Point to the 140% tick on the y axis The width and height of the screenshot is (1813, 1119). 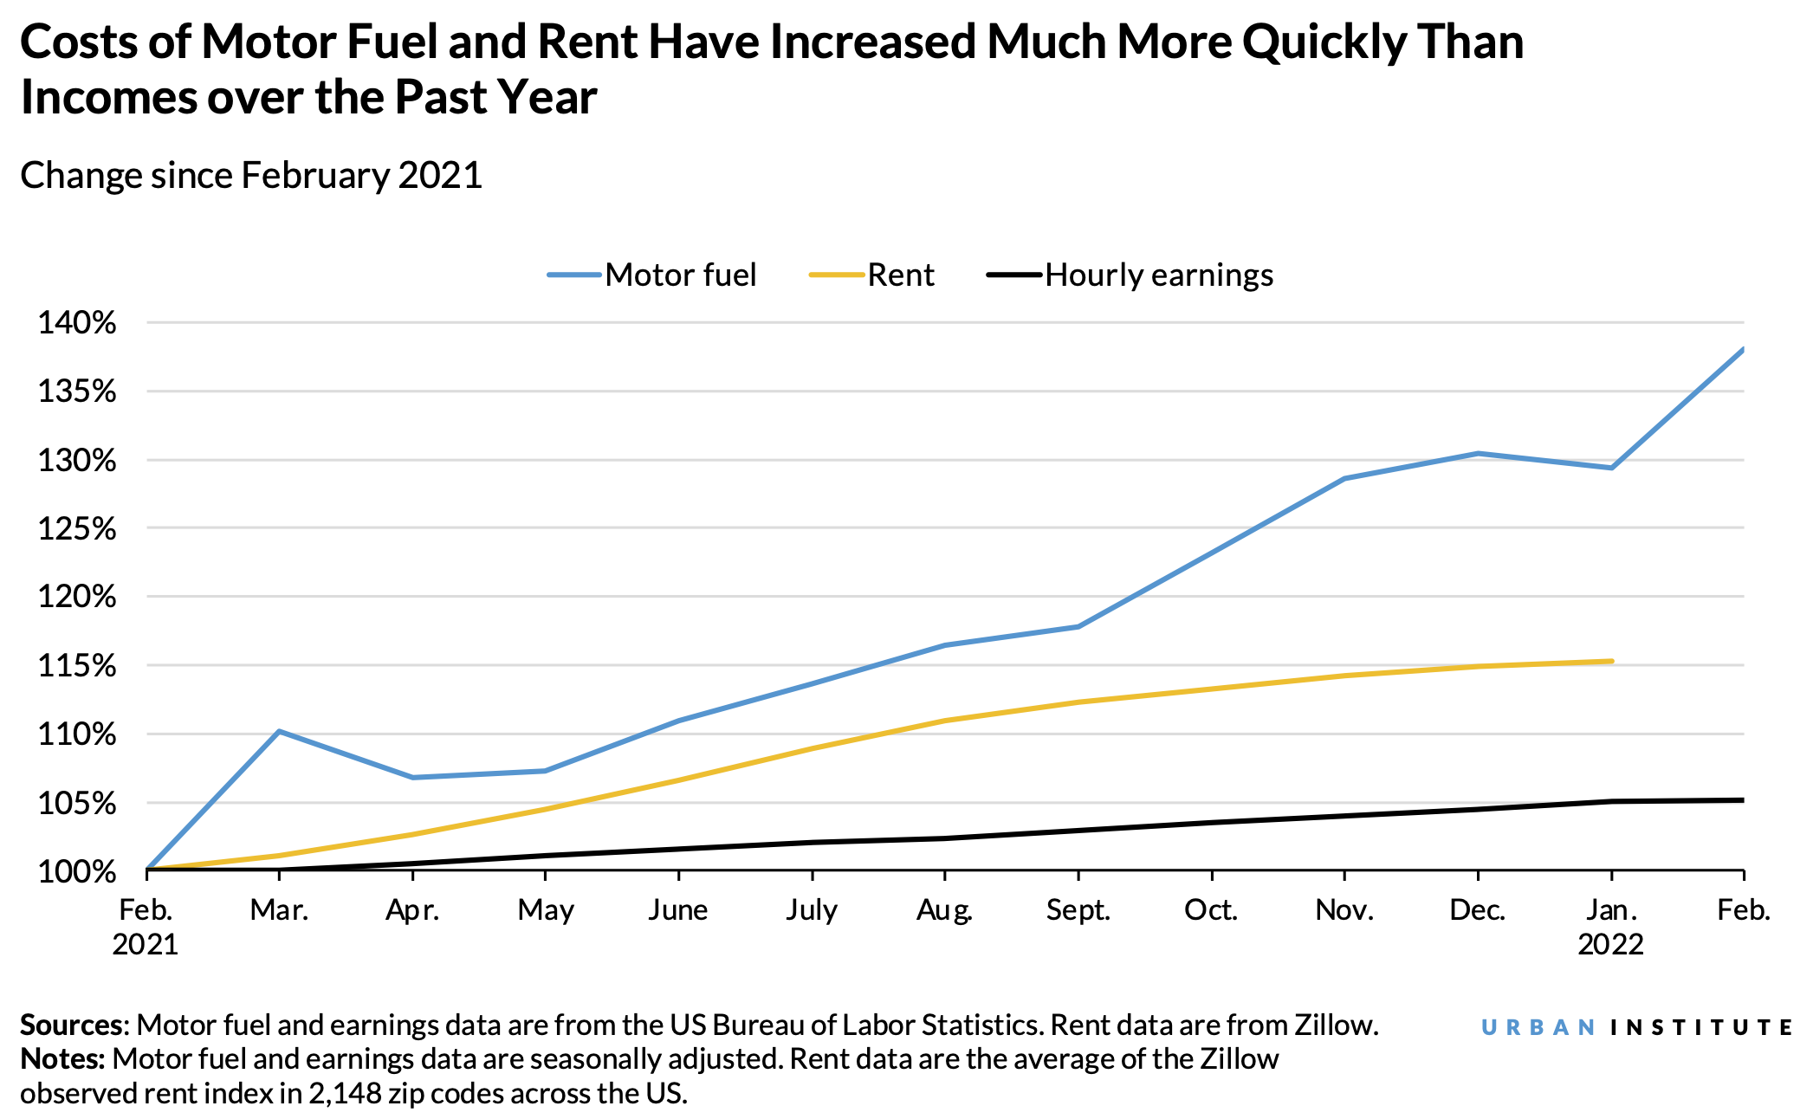[77, 323]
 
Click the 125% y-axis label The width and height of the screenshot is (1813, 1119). [77, 528]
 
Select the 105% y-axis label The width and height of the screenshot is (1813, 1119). [77, 803]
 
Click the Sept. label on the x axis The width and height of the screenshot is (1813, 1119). [1078, 910]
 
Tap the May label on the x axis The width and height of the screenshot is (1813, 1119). [546, 910]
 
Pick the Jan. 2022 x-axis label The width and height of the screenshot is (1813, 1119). [1610, 927]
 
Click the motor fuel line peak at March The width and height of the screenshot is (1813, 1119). [279, 731]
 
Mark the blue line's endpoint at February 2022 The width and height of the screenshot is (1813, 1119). [1742, 350]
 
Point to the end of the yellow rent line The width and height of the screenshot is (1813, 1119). [1611, 661]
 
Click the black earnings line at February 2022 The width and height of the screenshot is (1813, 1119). [1742, 800]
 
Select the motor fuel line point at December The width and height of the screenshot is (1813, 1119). [1478, 453]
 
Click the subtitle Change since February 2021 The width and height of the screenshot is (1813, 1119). [251, 176]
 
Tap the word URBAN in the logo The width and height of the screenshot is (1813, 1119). [1538, 1028]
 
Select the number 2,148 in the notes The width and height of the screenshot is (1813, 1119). [345, 1094]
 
